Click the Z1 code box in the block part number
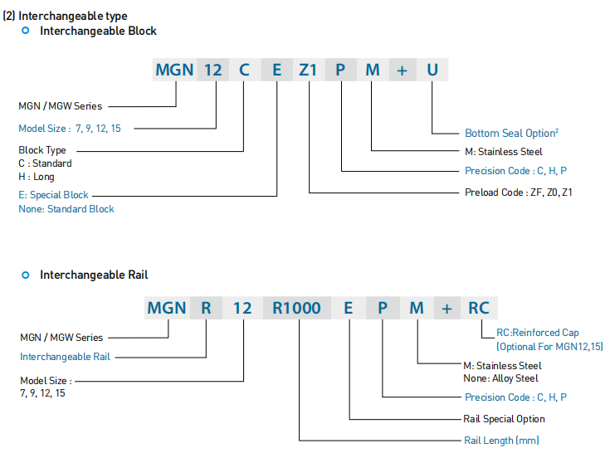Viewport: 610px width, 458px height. tap(309, 70)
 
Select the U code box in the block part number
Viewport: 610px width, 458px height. tap(432, 70)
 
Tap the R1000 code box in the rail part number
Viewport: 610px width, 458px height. tap(297, 308)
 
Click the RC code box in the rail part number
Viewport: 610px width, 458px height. tap(479, 308)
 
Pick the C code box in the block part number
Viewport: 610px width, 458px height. tap(245, 70)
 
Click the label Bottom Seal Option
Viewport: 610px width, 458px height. tap(511, 133)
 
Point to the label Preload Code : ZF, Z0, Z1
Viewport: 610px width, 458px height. tap(519, 192)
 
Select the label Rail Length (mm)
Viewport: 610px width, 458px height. tap(501, 441)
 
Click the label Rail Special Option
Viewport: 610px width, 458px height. tap(504, 419)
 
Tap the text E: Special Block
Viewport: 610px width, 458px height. tap(53, 195)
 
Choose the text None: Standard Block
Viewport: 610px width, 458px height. tap(66, 209)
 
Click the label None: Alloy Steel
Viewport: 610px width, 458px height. tap(500, 378)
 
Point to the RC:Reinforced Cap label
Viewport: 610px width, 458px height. tap(538, 333)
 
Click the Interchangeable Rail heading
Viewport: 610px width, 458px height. tap(94, 275)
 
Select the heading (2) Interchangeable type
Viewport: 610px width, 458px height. tap(65, 16)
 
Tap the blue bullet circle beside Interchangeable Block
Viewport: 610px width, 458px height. tap(26, 31)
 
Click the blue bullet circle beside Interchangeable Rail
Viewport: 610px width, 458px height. tap(26, 275)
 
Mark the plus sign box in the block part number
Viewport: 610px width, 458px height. tap(403, 70)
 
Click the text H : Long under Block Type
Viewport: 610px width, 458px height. tap(37, 177)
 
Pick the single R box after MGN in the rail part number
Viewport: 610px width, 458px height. tap(206, 308)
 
